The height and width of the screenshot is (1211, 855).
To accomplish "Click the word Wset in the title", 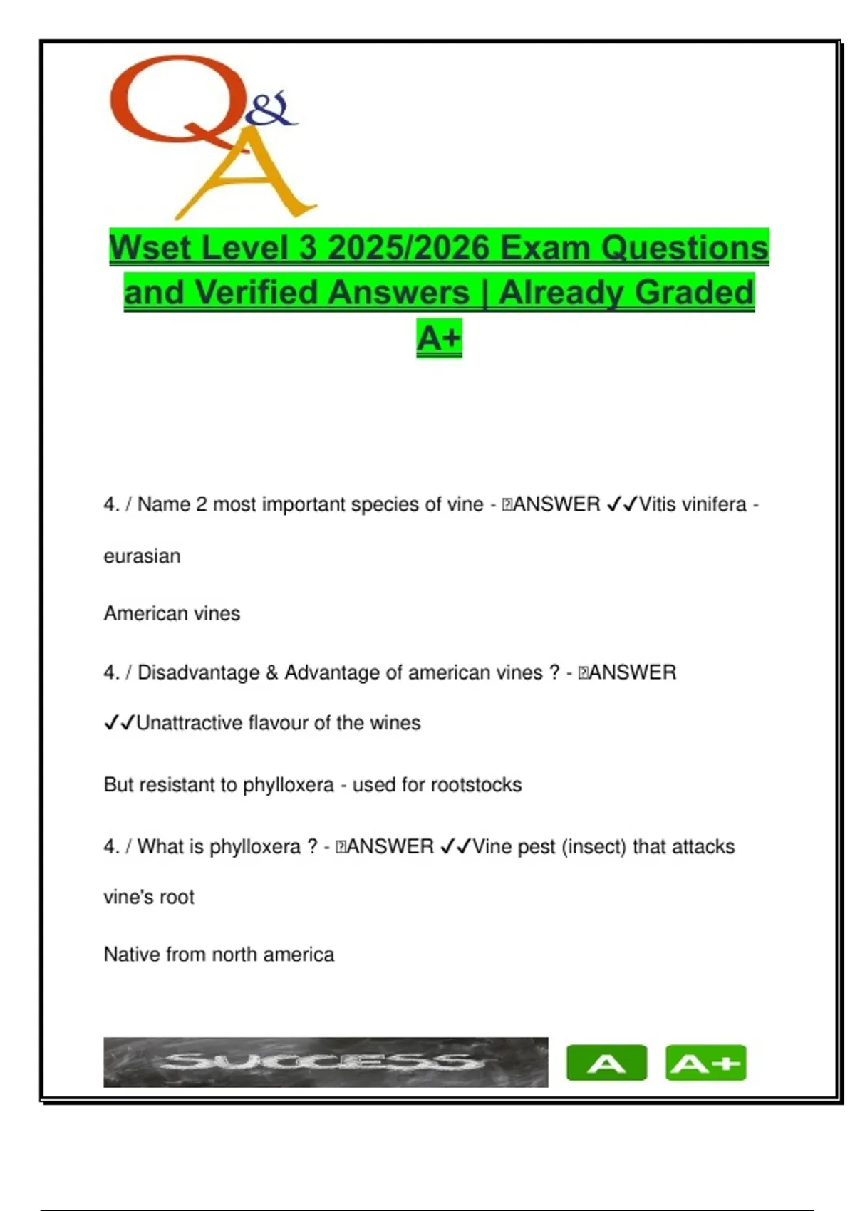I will tap(150, 248).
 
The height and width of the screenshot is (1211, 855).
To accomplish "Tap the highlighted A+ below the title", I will tap(439, 337).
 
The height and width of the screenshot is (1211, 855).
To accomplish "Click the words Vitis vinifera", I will tap(693, 504).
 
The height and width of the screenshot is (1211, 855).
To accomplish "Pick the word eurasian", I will tap(142, 556).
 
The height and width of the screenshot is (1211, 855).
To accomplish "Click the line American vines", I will tap(172, 613).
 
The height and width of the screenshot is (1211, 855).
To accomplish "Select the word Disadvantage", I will tap(198, 672).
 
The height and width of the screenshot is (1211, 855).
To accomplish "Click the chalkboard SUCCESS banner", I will tap(326, 1062).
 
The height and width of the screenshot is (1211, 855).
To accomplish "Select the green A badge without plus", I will tap(606, 1063).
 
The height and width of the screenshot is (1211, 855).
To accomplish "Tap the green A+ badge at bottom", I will tap(705, 1063).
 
